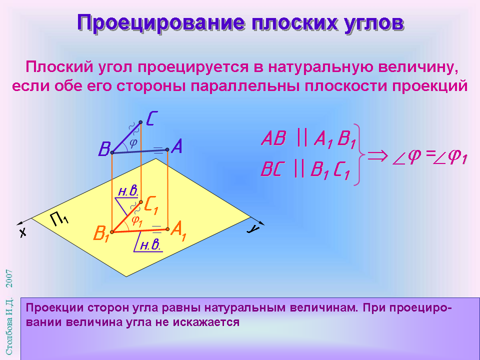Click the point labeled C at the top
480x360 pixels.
140,122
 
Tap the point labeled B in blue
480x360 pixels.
112,152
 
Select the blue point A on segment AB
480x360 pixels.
167,149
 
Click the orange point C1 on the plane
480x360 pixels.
141,202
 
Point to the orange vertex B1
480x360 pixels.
112,232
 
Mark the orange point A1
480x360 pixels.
167,229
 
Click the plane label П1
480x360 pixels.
59,218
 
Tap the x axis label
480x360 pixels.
23,232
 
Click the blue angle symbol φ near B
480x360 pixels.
133,142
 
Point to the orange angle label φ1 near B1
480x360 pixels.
137,220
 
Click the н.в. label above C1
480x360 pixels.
128,191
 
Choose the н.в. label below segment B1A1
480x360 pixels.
150,245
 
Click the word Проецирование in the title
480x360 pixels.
161,22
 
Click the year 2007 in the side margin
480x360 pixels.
9,278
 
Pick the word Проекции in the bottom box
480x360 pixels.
54,307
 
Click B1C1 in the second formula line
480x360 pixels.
329,169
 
